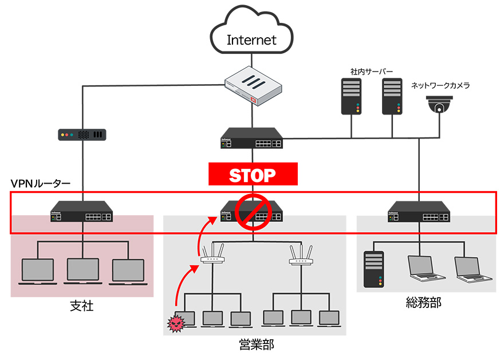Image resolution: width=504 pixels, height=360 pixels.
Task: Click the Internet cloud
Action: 251,35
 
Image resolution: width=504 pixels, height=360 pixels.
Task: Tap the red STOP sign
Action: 253,174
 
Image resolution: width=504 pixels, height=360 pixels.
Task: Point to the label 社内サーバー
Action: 372,72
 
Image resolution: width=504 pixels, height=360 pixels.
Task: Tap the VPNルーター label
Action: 41,184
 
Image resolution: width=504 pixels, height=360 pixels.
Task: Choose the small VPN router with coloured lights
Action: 82,135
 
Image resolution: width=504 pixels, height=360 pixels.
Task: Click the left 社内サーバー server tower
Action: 351,96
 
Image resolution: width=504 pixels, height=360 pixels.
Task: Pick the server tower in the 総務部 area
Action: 373,269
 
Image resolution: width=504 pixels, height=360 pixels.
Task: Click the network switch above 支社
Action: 81,212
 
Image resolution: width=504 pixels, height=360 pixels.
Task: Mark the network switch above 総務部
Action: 419,212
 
